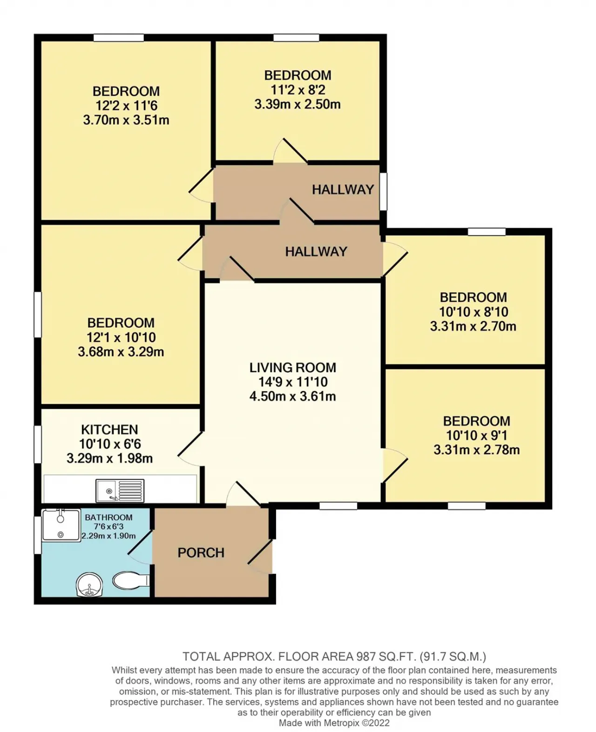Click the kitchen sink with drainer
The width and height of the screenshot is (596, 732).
pos(120,491)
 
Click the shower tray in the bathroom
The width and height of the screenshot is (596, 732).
pos(61,525)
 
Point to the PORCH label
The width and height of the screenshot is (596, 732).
pos(201,553)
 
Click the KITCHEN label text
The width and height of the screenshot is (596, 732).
pos(109,430)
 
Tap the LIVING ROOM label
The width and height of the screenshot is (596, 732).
pos(293,368)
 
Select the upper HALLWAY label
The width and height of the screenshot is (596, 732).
pos(343,189)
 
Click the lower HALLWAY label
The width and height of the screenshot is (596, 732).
pos(316,252)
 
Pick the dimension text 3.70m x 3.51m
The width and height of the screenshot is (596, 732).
pos(126,120)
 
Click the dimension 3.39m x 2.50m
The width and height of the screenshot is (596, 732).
pos(298,104)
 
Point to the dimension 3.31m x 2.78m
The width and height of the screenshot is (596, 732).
pos(477,450)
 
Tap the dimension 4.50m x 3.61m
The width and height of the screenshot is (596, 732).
pos(293,396)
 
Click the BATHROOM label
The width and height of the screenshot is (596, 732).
pos(108,517)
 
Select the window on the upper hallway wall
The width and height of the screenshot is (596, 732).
pos(383,191)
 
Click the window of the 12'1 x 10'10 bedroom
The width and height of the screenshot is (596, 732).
pos(38,315)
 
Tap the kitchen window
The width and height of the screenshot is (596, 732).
pos(38,444)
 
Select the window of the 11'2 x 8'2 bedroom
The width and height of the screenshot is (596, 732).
pos(296,37)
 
